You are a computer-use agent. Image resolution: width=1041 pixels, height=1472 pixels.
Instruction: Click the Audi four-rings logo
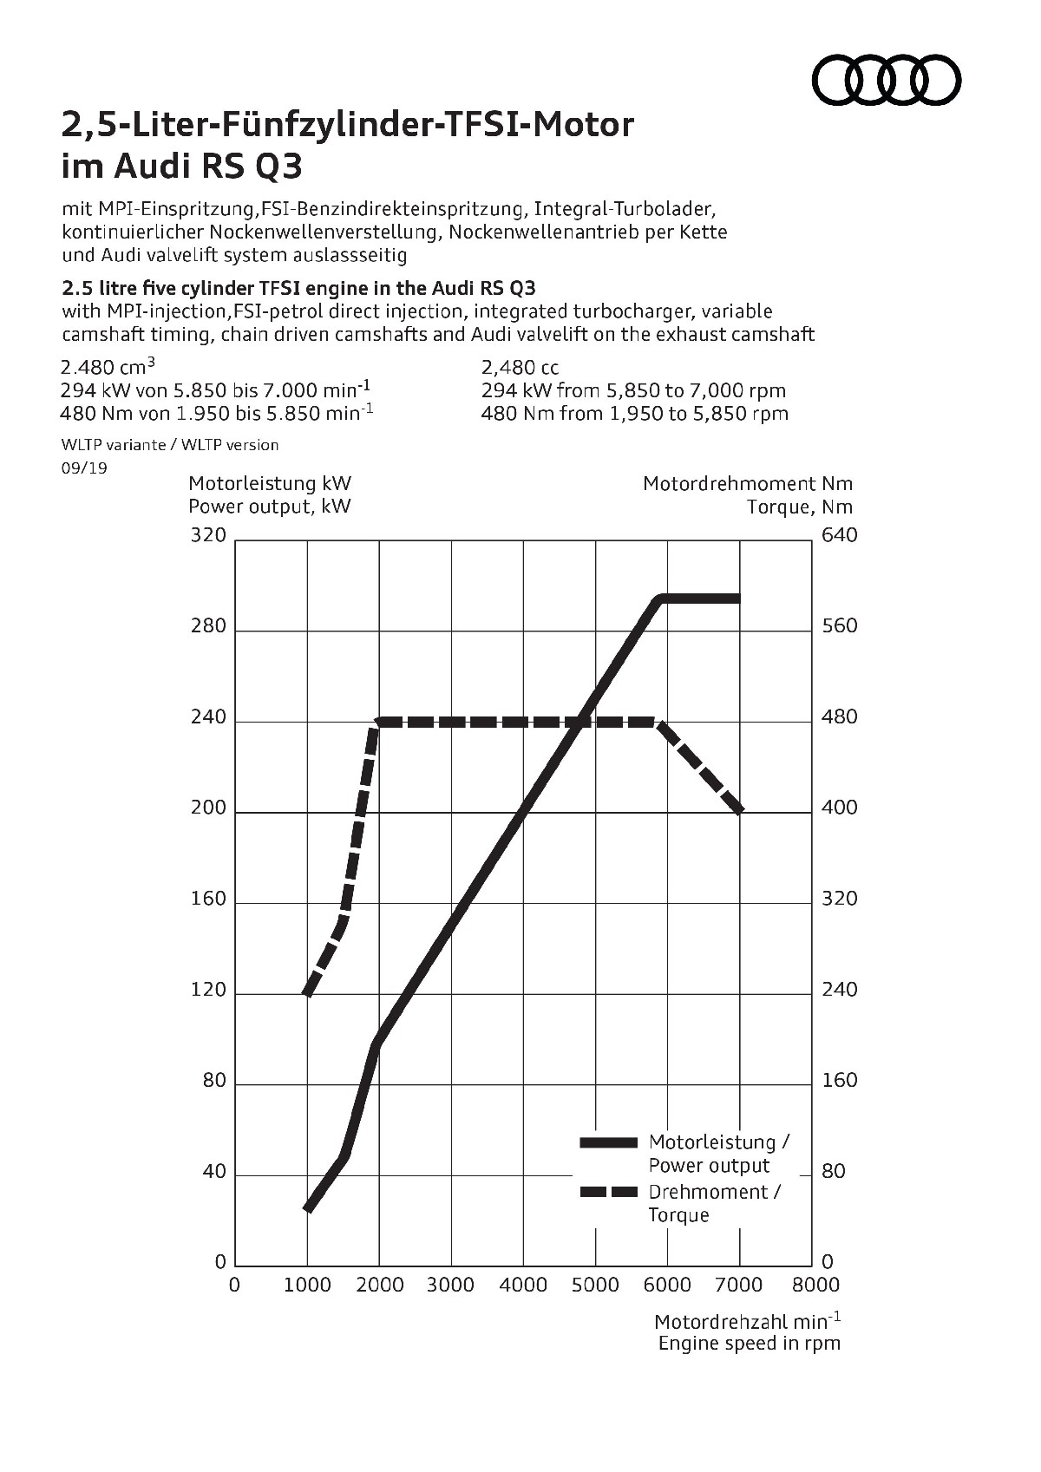tap(886, 81)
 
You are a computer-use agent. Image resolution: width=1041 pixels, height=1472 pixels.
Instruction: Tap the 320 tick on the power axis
tap(208, 535)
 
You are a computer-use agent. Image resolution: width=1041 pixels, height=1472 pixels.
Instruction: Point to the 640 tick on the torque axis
tap(839, 535)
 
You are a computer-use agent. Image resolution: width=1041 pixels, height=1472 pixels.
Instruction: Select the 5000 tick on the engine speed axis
tap(595, 1285)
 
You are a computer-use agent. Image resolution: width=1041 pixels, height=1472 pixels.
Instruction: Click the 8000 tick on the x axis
tap(816, 1285)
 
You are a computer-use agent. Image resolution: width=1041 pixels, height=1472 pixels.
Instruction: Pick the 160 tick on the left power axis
tap(208, 899)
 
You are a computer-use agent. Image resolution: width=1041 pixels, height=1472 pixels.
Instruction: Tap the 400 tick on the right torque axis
tap(839, 808)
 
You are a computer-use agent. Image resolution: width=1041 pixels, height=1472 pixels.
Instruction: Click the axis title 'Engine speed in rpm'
tap(750, 1344)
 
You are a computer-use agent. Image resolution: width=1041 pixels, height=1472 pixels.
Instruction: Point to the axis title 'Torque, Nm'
tap(800, 507)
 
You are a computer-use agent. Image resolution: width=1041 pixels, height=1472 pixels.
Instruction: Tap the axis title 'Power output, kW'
tap(270, 507)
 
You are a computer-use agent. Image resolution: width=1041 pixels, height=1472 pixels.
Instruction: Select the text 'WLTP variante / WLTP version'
tap(170, 445)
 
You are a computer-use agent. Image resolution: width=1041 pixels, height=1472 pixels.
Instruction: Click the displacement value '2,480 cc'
tap(520, 368)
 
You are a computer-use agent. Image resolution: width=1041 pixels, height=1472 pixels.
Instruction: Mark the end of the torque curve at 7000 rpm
tap(740, 811)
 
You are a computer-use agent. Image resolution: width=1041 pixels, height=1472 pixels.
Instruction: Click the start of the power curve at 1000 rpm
tap(308, 1207)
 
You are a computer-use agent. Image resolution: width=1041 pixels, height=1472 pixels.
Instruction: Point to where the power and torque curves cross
tap(579, 722)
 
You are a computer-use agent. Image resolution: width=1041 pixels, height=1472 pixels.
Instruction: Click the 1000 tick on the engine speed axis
tap(308, 1285)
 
